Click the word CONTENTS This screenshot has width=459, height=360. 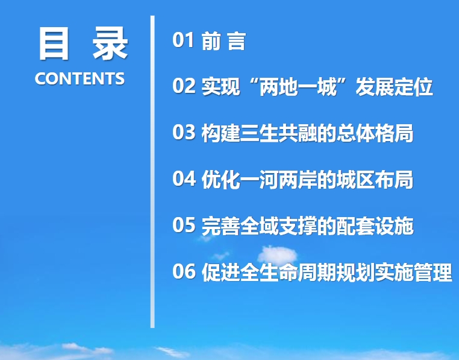[x=80, y=78]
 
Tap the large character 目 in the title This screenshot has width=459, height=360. [x=54, y=43]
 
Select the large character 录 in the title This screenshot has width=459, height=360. [x=110, y=43]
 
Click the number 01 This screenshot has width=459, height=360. [x=183, y=40]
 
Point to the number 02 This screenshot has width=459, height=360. [x=184, y=86]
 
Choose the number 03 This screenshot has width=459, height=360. [x=184, y=132]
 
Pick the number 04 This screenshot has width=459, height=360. [x=184, y=178]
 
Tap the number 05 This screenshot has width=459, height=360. [x=184, y=225]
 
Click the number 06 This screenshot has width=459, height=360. [x=184, y=271]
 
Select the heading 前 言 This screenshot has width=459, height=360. [x=223, y=40]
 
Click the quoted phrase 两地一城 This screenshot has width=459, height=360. [x=298, y=86]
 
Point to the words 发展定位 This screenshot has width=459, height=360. [x=394, y=86]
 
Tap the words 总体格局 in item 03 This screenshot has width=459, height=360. [x=375, y=133]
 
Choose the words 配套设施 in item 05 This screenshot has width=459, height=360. [x=375, y=226]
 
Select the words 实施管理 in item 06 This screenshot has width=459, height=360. [x=413, y=272]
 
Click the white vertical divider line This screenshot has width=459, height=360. [x=152, y=171]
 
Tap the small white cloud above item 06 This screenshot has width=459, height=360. [x=277, y=254]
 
